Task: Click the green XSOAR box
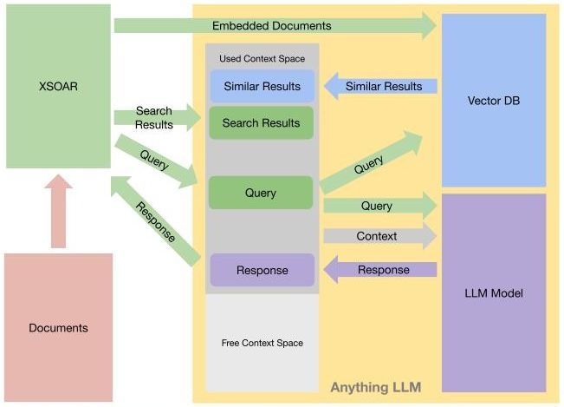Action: [x=58, y=86]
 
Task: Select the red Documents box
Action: [x=58, y=327]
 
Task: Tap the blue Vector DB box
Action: [x=494, y=101]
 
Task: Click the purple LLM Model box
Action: [x=494, y=292]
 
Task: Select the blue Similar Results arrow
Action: [x=381, y=86]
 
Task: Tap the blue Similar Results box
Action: [x=261, y=87]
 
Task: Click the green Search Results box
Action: [x=261, y=123]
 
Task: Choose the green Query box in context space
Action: [x=261, y=193]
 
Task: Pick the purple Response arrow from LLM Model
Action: [x=381, y=270]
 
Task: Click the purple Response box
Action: [x=261, y=270]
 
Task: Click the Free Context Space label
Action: [x=262, y=343]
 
